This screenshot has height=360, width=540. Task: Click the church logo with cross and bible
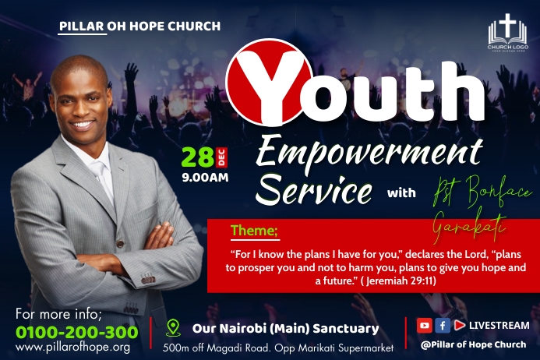click(x=507, y=32)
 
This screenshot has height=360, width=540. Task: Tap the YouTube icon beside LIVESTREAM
click(x=424, y=326)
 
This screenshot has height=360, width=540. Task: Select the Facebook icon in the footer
click(x=442, y=326)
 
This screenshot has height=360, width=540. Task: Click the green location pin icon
click(x=173, y=328)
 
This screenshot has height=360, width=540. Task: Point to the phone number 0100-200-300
click(x=77, y=332)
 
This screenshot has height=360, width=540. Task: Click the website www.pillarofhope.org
click(x=72, y=347)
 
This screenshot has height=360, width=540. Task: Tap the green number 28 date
click(x=198, y=157)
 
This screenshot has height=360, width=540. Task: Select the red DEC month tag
click(x=221, y=157)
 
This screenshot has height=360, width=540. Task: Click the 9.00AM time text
click(x=205, y=177)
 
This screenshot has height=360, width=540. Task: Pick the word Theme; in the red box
click(x=254, y=231)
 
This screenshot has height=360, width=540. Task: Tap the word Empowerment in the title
click(x=369, y=150)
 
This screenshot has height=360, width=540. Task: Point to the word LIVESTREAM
click(x=499, y=326)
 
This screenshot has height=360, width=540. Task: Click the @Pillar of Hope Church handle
click(x=474, y=344)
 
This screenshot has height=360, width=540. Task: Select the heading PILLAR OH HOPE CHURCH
click(x=139, y=26)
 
